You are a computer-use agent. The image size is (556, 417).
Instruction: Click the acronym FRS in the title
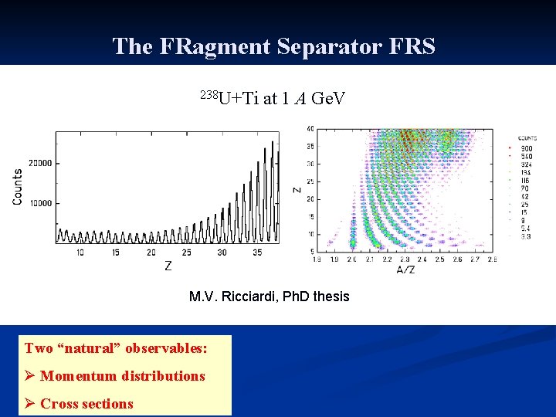point(411,46)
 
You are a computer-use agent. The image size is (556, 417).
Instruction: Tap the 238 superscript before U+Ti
point(209,94)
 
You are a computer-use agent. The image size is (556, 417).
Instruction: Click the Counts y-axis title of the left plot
point(17,186)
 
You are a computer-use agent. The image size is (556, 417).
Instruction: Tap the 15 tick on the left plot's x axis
point(114,253)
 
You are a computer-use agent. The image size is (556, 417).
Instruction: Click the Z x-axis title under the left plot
point(168,266)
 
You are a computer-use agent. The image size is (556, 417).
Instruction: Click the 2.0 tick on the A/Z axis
point(353,259)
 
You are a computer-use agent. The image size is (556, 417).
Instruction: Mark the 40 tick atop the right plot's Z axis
point(310,129)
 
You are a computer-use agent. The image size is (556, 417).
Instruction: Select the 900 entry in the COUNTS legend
point(526,147)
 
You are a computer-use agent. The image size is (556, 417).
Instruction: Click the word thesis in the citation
point(330,297)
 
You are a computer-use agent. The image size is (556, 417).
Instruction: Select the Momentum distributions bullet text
point(123,376)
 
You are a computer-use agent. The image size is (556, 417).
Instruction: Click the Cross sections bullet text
point(86,403)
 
